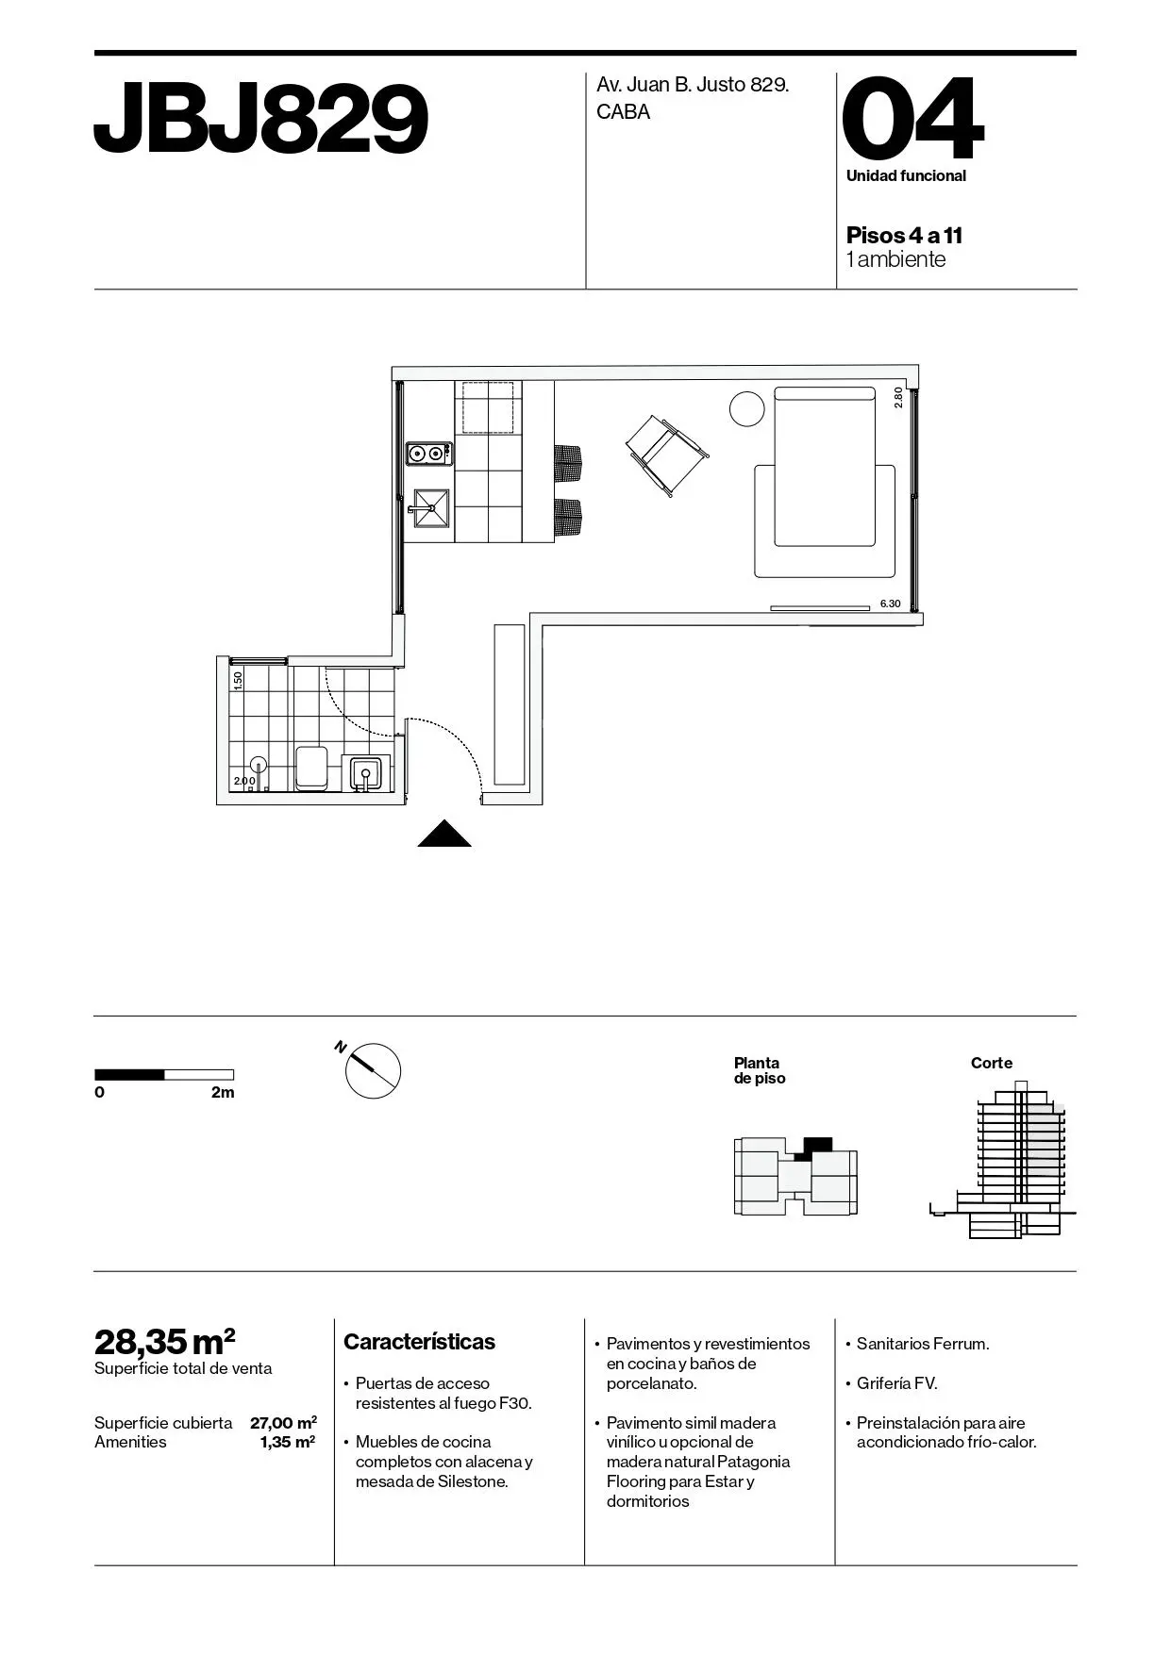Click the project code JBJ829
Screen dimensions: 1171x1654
[261, 119]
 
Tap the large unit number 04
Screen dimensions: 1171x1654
[912, 119]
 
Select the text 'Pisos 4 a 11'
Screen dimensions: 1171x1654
[904, 235]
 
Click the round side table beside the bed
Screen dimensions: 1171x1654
[747, 409]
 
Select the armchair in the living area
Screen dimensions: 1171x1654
[667, 455]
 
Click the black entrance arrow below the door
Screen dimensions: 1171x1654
[444, 834]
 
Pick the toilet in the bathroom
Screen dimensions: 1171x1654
[310, 768]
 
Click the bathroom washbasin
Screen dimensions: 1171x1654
[367, 773]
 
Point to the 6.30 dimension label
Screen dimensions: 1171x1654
[890, 604]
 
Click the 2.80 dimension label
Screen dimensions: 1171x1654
[898, 397]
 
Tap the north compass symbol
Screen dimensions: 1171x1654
[372, 1070]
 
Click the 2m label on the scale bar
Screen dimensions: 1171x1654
[223, 1093]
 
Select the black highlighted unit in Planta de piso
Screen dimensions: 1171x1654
[812, 1148]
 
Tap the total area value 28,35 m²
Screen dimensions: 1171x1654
[165, 1340]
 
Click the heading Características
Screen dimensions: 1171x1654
[419, 1342]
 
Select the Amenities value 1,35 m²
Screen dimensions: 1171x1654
[288, 1442]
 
